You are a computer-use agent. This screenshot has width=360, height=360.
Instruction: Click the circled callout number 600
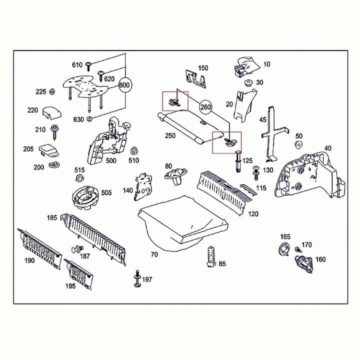pos(124,85)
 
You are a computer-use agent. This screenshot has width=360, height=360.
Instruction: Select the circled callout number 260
pos(206,106)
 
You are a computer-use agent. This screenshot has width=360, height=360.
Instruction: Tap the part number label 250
pos(170,136)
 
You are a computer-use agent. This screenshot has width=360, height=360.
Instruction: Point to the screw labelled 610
pos(89,65)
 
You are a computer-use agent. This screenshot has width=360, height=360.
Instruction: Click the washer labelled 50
pos(298,145)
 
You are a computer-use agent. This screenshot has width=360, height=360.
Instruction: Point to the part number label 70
pos(154,254)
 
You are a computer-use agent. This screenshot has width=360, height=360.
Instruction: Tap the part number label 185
pos(52,218)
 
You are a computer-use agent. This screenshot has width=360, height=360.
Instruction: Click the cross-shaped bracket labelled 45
pos(273,132)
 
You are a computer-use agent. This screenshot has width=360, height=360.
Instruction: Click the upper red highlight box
pos(174,101)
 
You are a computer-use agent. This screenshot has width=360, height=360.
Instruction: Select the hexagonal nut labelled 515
pos(79,180)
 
